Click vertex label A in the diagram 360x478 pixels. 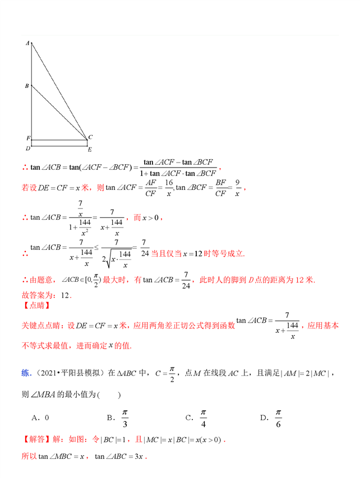[x=27, y=43]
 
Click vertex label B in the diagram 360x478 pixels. [x=27, y=86]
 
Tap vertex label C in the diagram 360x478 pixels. [x=90, y=137]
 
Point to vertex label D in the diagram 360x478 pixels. [x=27, y=148]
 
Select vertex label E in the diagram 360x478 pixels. [x=89, y=150]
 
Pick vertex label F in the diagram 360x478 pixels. [x=27, y=138]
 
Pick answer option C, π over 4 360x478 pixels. [x=198, y=417]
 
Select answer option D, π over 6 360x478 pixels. [x=272, y=417]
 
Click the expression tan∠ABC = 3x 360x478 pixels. [x=120, y=457]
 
